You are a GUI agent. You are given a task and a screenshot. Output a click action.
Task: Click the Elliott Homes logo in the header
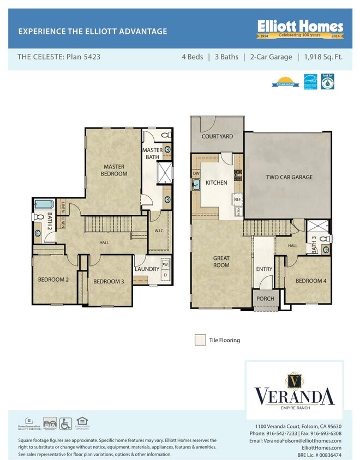(300, 29)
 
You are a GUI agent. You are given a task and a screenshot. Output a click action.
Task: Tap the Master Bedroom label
(113, 170)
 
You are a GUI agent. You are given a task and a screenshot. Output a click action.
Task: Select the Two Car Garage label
(289, 177)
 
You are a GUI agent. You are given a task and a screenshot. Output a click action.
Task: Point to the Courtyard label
(217, 137)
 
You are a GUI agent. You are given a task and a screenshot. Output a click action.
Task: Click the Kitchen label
(217, 183)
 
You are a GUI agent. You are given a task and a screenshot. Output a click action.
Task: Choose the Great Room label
(221, 262)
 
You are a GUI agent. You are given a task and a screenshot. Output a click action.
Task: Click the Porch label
(265, 299)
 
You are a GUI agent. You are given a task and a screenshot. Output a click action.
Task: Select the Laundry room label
(147, 269)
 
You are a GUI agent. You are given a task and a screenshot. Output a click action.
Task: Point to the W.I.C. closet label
(159, 231)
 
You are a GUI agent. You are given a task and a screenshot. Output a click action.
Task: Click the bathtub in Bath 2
(42, 205)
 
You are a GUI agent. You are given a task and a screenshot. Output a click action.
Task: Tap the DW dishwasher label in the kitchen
(196, 174)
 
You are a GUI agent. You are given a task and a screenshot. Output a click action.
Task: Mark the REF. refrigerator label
(238, 200)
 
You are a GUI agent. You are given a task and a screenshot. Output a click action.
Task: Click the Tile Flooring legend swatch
(200, 340)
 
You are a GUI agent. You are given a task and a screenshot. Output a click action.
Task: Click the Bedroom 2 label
(53, 280)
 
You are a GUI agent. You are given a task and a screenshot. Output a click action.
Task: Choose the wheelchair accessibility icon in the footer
(65, 423)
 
